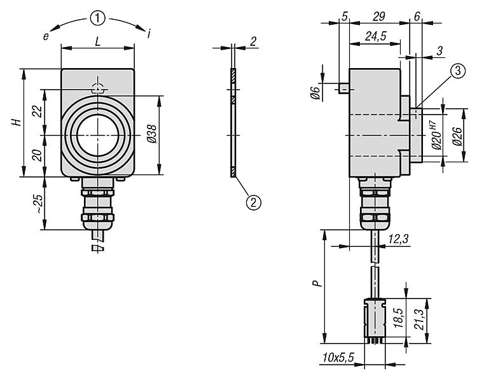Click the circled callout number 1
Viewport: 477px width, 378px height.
point(97,18)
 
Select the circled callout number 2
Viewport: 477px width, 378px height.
point(253,202)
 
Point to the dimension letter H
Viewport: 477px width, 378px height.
point(19,122)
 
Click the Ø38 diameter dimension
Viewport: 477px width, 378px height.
point(170,136)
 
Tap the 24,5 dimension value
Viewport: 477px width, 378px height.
point(377,37)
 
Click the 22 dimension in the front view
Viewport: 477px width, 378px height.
point(38,112)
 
